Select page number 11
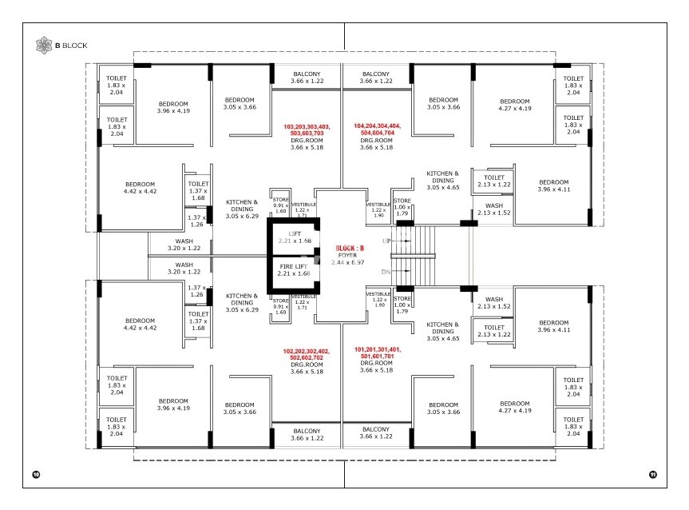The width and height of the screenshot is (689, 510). click(x=652, y=475)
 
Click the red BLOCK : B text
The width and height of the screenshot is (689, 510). click(x=350, y=248)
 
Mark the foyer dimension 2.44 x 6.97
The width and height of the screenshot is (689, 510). click(x=350, y=261)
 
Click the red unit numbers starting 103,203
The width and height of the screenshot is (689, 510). click(x=307, y=130)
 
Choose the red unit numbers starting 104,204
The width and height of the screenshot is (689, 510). click(x=376, y=130)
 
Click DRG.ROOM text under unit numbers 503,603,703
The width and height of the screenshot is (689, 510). click(x=307, y=141)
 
